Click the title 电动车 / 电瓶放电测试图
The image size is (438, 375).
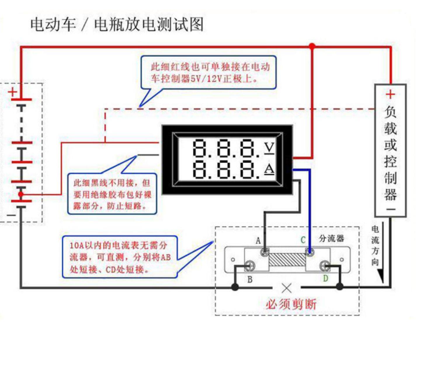[x=117, y=24]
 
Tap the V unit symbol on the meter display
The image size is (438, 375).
[x=269, y=148]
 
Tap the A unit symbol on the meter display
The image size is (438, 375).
[x=269, y=169]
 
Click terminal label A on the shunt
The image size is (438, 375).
[x=258, y=241]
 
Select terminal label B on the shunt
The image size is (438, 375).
[x=250, y=280]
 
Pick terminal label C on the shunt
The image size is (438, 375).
[x=303, y=240]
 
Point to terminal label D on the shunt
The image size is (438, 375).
[x=326, y=278]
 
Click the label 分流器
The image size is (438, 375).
[x=331, y=239]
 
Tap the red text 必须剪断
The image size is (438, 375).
[x=291, y=304]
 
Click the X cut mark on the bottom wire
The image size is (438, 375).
[x=286, y=288]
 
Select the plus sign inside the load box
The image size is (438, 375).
[x=390, y=94]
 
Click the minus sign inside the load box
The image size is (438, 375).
[x=391, y=209]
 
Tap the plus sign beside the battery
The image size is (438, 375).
[x=13, y=92]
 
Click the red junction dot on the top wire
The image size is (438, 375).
[x=312, y=46]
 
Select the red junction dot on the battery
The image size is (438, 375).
[x=21, y=194]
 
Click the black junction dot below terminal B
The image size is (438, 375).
[x=235, y=287]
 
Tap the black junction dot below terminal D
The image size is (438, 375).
[x=339, y=286]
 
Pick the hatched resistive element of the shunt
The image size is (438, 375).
[x=287, y=260]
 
